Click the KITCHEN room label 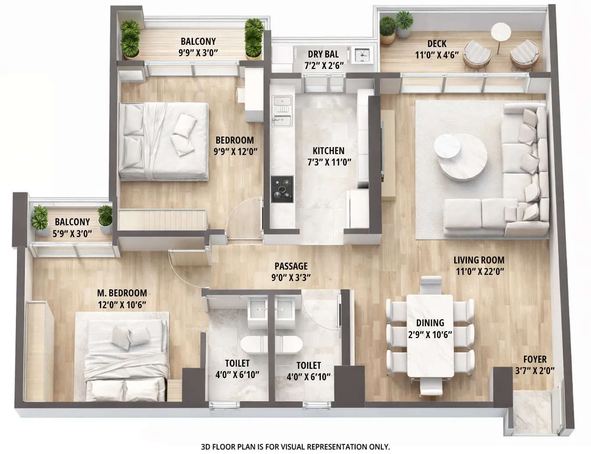(x=328, y=151)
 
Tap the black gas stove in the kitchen (x=282, y=189)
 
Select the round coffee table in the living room (x=460, y=156)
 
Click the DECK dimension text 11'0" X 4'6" (x=437, y=55)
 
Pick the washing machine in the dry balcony (x=362, y=54)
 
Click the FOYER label (x=534, y=359)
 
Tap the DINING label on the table (x=430, y=323)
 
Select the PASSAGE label (x=291, y=266)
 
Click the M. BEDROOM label (x=122, y=293)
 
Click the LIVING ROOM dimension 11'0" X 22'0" (x=479, y=271)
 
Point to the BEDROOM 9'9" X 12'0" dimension (x=235, y=151)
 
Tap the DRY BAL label (x=323, y=54)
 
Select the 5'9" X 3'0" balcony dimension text (x=72, y=234)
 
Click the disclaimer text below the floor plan (x=295, y=447)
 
